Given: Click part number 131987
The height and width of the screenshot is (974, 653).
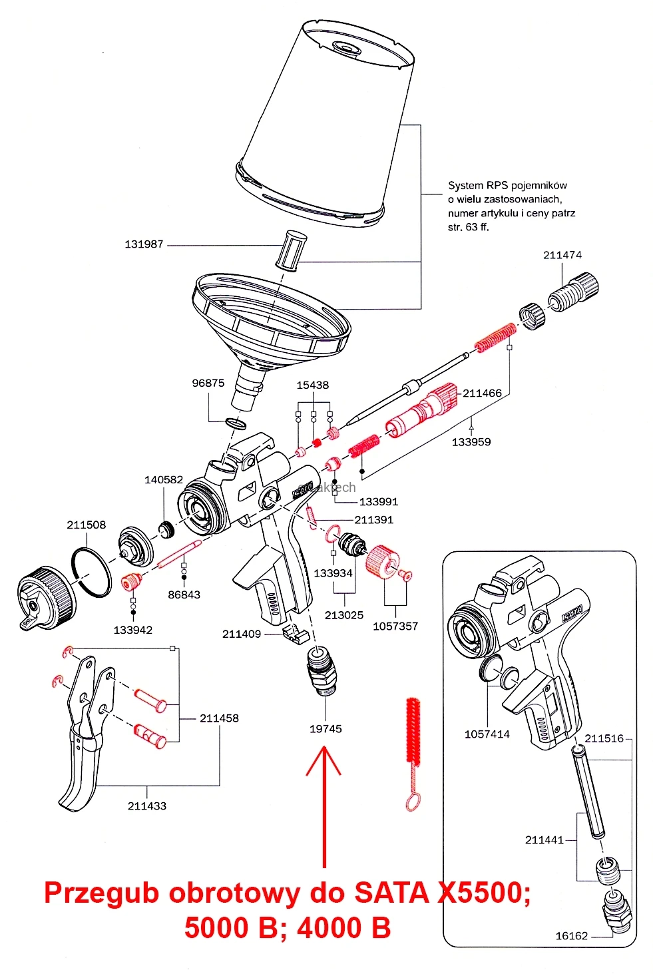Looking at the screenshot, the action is tap(144, 244).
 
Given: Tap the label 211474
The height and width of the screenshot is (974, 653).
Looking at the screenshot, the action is tap(562, 255).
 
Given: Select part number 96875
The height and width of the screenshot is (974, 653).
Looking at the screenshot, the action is tap(208, 383).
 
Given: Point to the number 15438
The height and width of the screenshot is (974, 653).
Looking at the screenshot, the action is tap(313, 385).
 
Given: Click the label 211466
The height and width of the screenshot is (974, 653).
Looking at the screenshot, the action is tap(482, 393).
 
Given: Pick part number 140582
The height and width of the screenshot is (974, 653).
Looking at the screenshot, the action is tap(164, 479).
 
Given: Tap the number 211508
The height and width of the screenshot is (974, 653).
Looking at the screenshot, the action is tap(86, 525).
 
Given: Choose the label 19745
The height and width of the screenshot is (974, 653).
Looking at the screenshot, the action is tap(326, 729).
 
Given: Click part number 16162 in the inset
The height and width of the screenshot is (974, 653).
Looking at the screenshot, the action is tap(571, 936).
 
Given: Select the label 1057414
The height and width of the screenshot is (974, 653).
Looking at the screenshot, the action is tap(487, 734).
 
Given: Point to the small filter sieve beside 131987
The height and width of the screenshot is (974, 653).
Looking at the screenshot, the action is tap(292, 250).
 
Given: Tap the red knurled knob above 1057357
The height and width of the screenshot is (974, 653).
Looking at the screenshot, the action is tap(381, 561).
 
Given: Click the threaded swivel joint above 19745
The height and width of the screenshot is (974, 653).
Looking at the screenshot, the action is tap(322, 671).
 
